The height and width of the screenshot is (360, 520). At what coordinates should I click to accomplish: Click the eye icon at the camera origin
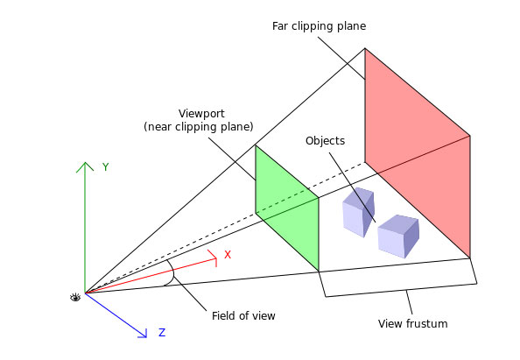75,297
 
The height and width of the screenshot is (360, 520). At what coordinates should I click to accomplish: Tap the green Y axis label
105,166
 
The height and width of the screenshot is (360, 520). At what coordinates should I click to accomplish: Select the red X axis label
228,255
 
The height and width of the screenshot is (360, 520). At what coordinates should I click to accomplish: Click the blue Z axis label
161,333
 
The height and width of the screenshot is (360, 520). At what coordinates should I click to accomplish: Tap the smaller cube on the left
358,213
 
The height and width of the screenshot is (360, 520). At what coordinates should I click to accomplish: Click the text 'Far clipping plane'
320,26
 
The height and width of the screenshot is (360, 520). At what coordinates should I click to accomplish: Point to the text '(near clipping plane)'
198,127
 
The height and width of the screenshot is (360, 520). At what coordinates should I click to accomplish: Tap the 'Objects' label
325,140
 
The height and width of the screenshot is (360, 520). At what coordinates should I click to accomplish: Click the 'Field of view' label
243,315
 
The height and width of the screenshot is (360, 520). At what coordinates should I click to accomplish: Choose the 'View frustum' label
412,324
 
